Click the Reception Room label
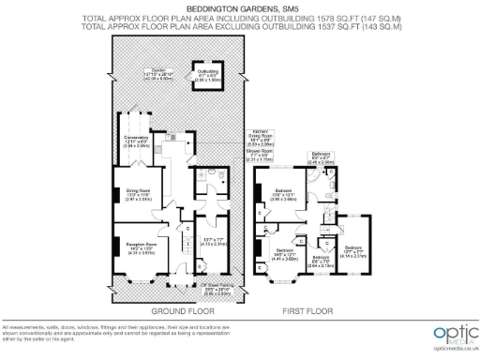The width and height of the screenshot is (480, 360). pyautogui.click(x=138, y=247)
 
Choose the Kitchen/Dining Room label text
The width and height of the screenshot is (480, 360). pyautogui.click(x=260, y=137)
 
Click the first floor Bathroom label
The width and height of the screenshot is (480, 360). pyautogui.click(x=322, y=155)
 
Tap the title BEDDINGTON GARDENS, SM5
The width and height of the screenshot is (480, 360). pyautogui.click(x=240, y=7)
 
